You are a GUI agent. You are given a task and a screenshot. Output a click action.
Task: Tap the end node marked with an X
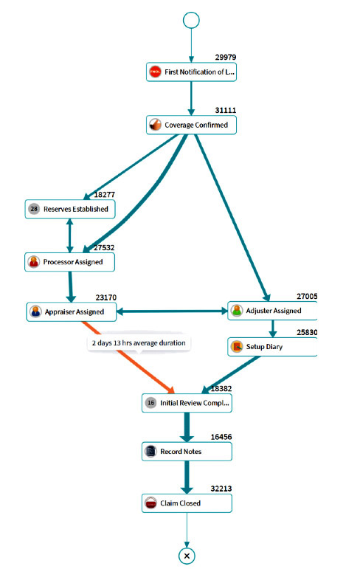pyautogui.click(x=187, y=556)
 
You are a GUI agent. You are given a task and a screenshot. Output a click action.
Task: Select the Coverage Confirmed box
pyautogui.click(x=191, y=125)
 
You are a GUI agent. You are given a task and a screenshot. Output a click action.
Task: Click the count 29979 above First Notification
pyautogui.click(x=225, y=58)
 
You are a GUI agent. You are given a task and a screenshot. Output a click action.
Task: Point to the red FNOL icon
pyautogui.click(x=156, y=72)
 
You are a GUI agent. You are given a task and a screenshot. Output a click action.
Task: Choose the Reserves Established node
pyautogui.click(x=70, y=209)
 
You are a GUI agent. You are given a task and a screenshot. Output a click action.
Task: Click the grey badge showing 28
pyautogui.click(x=34, y=209)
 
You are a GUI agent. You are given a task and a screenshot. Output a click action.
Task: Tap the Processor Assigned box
pyautogui.click(x=69, y=262)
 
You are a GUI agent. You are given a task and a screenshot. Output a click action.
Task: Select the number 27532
pyautogui.click(x=104, y=248)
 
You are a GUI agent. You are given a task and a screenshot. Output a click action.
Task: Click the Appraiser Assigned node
pyautogui.click(x=72, y=311)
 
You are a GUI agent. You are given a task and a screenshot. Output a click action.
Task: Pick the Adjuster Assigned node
pyautogui.click(x=272, y=311)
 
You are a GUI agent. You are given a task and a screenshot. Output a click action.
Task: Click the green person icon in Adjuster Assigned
pyautogui.click(x=237, y=311)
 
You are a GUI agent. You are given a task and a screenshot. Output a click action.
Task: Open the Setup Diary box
pyautogui.click(x=272, y=347)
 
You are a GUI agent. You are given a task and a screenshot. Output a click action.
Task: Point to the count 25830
pyautogui.click(x=307, y=332)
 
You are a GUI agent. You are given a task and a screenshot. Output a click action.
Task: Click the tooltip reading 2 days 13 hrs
pyautogui.click(x=139, y=343)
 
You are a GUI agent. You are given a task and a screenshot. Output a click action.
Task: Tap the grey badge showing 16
pyautogui.click(x=150, y=403)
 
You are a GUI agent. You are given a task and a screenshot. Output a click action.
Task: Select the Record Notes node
pyautogui.click(x=187, y=452)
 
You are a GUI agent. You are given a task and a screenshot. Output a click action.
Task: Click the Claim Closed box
pyautogui.click(x=187, y=503)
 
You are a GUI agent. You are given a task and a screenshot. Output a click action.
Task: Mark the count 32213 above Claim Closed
pyautogui.click(x=221, y=489)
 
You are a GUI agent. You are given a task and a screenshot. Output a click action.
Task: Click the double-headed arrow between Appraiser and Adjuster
pyautogui.click(x=172, y=311)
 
